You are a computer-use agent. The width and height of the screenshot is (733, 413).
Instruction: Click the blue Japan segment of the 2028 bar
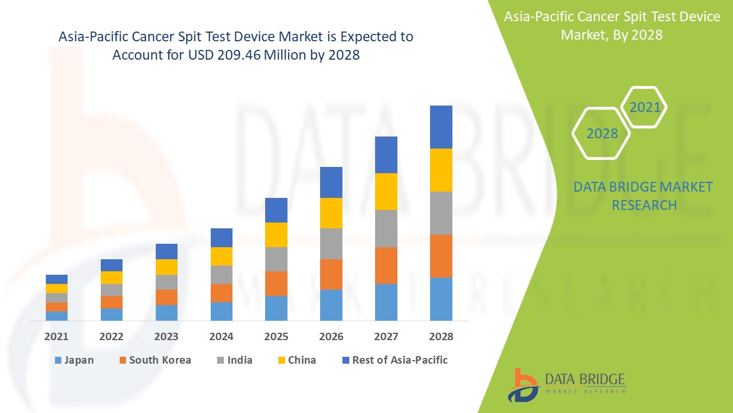coord(441,299)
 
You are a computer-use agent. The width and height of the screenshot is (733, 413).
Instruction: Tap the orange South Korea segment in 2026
coord(331,274)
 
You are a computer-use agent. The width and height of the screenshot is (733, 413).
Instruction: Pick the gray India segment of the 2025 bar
coord(276,259)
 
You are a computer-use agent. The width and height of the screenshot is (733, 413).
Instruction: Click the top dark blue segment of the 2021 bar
coord(57,279)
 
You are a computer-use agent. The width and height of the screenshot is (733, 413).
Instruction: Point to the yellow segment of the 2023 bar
coord(167,267)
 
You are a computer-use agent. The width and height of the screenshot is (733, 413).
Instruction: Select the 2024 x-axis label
coord(221,337)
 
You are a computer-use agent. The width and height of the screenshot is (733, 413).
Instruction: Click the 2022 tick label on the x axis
coord(111,337)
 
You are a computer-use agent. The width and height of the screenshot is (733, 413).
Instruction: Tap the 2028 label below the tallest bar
coord(441,337)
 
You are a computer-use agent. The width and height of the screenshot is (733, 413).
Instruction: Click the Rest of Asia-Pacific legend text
coord(400,360)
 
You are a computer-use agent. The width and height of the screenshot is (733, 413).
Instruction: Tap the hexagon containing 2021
coord(645,107)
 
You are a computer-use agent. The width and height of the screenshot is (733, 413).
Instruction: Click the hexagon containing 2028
coord(602,134)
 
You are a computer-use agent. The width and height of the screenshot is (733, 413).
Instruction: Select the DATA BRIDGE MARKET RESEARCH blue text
coord(644,196)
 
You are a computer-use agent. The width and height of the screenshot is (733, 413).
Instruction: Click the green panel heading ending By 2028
coord(612,26)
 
